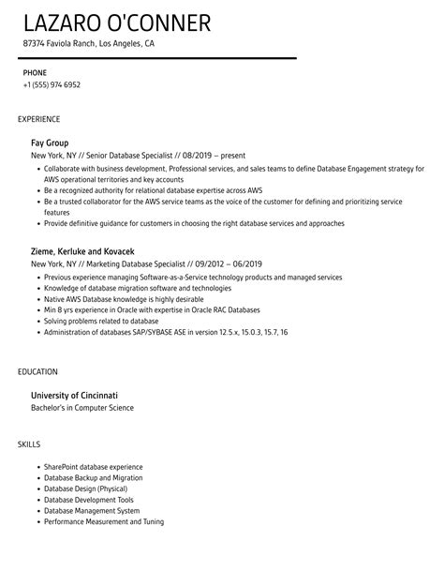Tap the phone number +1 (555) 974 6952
52,84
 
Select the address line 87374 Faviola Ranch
89,43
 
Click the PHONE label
34,71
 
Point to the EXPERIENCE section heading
39,119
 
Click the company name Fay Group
50,143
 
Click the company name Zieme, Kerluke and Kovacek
82,252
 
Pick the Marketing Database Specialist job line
141,265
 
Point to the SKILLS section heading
30,443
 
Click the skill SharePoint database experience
93,466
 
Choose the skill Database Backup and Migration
93,477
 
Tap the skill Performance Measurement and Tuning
103,520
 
